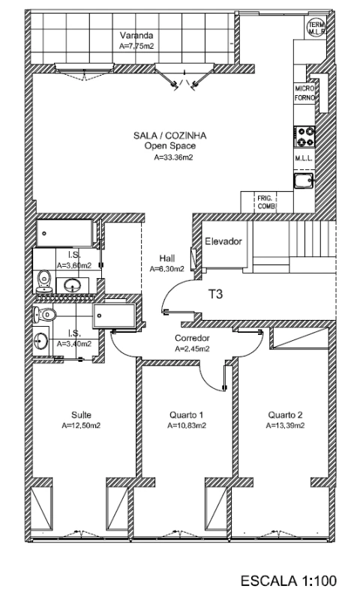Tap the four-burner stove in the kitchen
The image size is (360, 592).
[305, 136]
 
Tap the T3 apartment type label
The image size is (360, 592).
[217, 295]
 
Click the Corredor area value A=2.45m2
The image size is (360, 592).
[190, 348]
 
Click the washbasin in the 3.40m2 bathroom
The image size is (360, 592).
[43, 341]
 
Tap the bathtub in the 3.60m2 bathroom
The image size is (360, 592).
[65, 232]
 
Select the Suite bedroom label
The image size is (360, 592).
[81, 414]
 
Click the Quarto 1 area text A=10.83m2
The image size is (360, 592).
[187, 425]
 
